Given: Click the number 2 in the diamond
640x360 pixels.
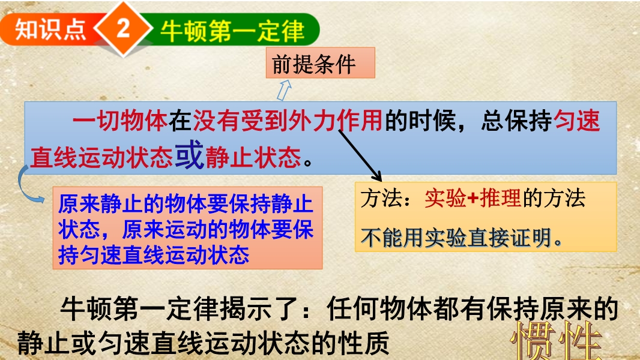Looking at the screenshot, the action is [x=123, y=29].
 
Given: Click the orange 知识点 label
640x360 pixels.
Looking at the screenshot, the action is [x=50, y=30].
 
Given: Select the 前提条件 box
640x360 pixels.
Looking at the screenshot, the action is [x=321, y=63].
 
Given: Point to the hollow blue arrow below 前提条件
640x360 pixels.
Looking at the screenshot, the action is [x=285, y=89].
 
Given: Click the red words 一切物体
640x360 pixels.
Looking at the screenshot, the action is [x=120, y=121].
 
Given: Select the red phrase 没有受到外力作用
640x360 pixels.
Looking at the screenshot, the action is [x=288, y=121].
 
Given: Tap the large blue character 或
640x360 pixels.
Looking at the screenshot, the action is [x=189, y=155].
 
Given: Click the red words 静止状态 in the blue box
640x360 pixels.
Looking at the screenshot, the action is [x=253, y=157].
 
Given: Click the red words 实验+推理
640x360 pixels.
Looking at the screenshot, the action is [x=472, y=199].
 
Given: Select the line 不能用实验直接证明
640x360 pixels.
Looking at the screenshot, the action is [x=461, y=238].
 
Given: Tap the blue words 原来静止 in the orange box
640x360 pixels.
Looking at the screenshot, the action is [x=100, y=204].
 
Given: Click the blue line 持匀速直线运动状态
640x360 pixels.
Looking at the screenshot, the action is [x=154, y=255].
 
